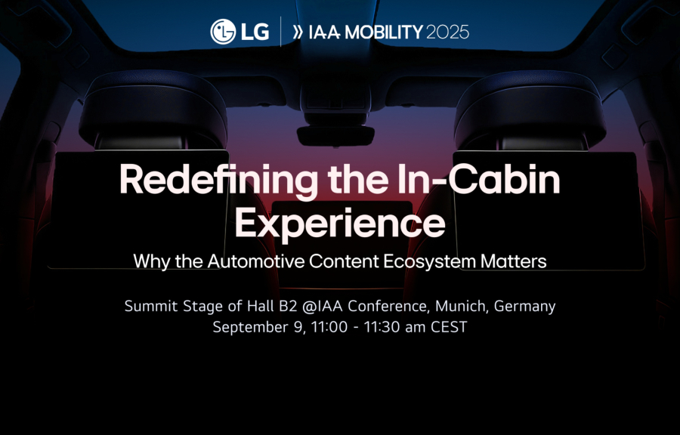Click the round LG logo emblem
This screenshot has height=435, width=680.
(x=223, y=32)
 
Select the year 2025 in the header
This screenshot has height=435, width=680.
(x=447, y=32)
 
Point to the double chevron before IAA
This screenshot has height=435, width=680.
(x=297, y=32)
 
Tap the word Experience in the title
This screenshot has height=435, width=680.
(x=339, y=223)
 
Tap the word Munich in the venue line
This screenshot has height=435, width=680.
(x=462, y=307)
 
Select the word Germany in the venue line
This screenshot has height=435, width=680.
(x=524, y=307)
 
